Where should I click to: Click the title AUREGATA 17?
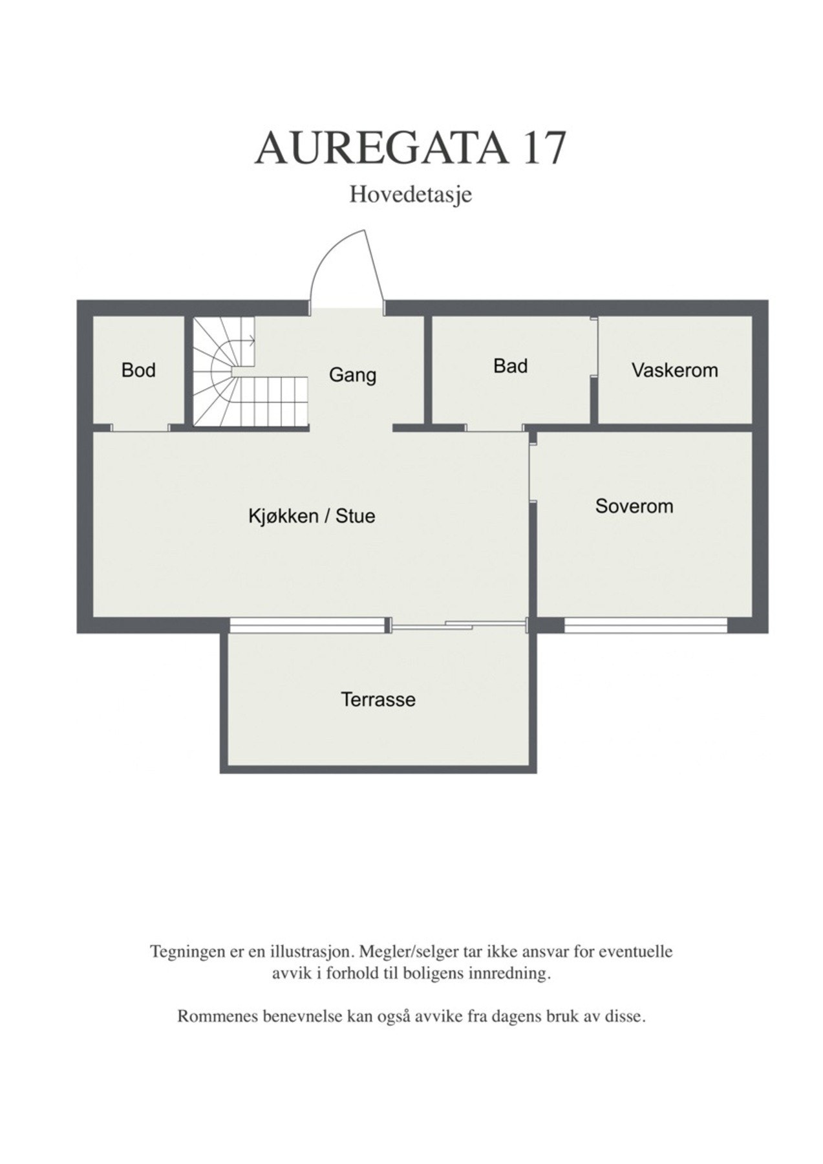coord(411,149)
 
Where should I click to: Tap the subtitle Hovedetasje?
coord(411,194)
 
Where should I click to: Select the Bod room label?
coord(138,371)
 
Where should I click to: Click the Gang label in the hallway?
coord(352,375)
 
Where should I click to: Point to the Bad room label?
coord(510,366)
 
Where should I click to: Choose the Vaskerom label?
coord(674,371)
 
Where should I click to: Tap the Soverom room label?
coord(634,506)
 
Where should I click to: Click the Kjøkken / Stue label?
coord(312,516)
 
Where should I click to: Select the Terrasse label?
coord(378,699)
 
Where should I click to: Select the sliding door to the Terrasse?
coord(459,625)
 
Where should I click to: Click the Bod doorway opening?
coord(140,427)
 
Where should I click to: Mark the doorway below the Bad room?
coord(494,427)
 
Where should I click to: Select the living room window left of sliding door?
coord(307,625)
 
